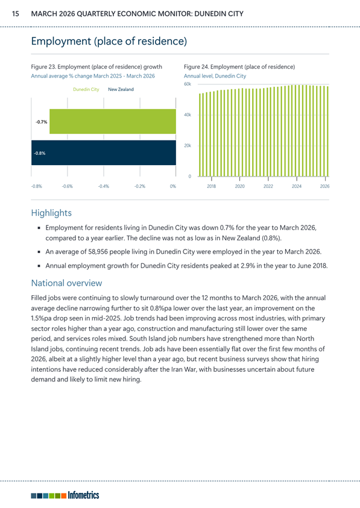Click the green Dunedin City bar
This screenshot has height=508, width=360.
point(113,122)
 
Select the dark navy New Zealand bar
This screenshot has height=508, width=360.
point(104,152)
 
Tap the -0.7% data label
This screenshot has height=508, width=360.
point(41,122)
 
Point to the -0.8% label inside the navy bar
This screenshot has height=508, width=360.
point(40,153)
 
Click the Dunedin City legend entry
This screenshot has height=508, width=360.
point(86,89)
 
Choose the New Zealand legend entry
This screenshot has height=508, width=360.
point(121,89)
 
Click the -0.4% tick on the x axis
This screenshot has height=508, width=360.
point(104,186)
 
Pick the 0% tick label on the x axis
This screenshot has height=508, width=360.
point(173,186)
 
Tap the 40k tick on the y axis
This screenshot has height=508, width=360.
point(188,114)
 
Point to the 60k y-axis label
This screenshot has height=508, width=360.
point(188,84)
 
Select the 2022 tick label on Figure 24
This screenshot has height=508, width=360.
point(268,186)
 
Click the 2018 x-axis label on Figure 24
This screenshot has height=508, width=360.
point(212,186)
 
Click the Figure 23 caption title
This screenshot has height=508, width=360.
point(96,67)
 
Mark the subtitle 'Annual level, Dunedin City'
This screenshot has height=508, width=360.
point(215,76)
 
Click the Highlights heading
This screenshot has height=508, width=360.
point(51,213)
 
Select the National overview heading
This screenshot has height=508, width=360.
point(66,283)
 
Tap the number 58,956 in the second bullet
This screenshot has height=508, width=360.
point(97,252)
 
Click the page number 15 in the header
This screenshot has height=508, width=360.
point(15,14)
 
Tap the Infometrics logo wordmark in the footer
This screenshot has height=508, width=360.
point(83,495)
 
